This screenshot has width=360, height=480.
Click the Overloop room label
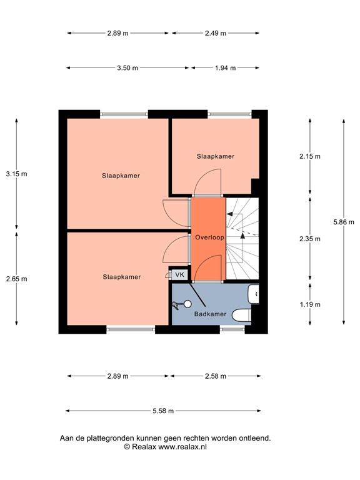[x=210, y=237]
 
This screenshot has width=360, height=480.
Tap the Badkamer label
[x=210, y=314]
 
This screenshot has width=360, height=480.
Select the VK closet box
[x=180, y=274]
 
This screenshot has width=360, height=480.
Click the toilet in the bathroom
[x=241, y=315]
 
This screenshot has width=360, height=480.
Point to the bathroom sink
[x=254, y=294]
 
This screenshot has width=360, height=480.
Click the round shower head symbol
[x=187, y=304]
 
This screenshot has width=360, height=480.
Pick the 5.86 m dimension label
[x=344, y=222]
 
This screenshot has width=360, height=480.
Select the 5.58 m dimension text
[x=163, y=411]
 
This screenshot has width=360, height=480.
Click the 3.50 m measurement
[x=127, y=67]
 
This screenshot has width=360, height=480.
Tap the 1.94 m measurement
[x=225, y=67]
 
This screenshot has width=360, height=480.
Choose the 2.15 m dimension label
[x=310, y=156]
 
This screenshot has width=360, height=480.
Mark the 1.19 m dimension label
[x=310, y=304]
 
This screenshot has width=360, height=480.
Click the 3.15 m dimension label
[x=16, y=174]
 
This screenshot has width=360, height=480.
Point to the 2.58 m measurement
[x=216, y=376]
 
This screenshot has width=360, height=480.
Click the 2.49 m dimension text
[x=216, y=33]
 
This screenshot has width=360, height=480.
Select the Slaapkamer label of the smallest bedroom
[x=216, y=156]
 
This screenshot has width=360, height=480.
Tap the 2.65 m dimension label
[x=16, y=279]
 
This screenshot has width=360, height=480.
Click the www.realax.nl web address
[x=182, y=447]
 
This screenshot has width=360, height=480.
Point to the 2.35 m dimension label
[x=310, y=239]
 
